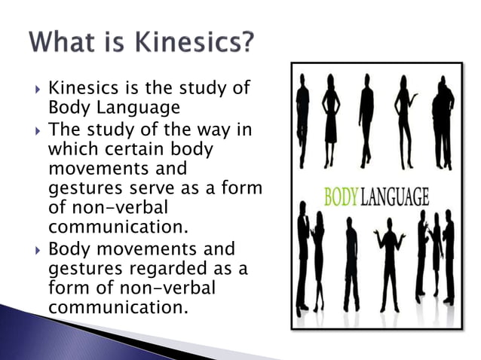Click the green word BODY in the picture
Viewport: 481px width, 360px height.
pyautogui.click(x=342, y=198)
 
